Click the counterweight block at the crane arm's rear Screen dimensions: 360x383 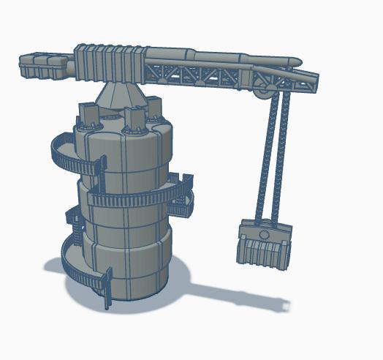coord(42,64)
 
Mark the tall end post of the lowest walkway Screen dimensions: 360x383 coord(108,289)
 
